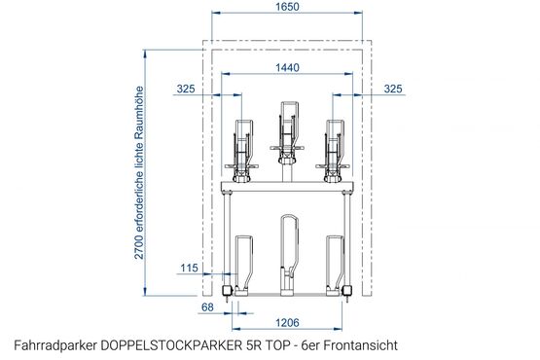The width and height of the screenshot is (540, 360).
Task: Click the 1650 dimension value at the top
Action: [x=287, y=7]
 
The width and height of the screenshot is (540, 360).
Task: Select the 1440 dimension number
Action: [x=287, y=67]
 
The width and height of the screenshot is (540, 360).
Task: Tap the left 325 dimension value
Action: [x=186, y=89]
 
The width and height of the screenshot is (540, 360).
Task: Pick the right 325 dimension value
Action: [x=393, y=89]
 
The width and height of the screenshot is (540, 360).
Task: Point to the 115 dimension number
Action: [x=189, y=268]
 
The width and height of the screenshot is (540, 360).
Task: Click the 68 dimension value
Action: [x=207, y=306]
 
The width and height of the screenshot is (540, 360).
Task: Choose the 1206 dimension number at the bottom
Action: [x=287, y=323]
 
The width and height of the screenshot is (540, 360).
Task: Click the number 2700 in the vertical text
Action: [x=139, y=247]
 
